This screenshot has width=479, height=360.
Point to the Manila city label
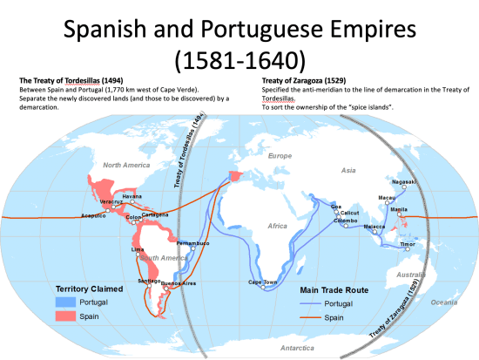[400, 209]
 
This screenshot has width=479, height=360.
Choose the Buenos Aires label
[179, 283]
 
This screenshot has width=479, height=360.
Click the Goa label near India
[336, 206]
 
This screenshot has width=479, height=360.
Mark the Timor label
[408, 245]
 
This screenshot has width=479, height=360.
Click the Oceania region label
[443, 302]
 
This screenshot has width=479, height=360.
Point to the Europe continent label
[279, 155]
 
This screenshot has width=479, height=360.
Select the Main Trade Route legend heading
[334, 289]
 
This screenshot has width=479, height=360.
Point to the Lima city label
[137, 249]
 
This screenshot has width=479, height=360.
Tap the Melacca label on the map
[374, 226]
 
